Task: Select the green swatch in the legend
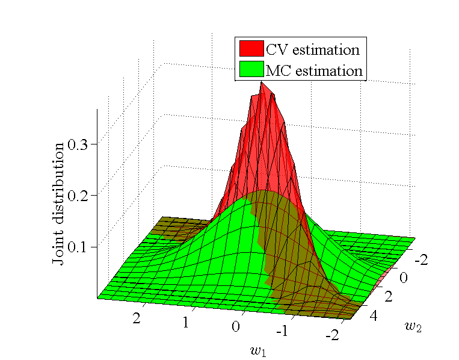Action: click(x=251, y=69)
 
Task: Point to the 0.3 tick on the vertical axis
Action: click(x=82, y=144)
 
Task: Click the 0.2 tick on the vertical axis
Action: click(x=82, y=196)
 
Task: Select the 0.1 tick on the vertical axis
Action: click(x=82, y=247)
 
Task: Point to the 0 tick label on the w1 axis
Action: click(x=236, y=327)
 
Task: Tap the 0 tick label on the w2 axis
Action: click(x=404, y=278)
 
